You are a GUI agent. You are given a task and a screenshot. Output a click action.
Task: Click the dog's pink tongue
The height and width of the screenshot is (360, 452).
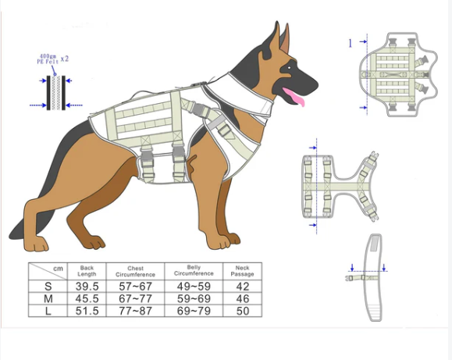tap(294, 97)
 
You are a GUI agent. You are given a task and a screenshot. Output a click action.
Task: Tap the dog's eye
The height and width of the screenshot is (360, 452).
tap(290, 68)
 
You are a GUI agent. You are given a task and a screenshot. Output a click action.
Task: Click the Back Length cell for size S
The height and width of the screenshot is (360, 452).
tap(87, 287)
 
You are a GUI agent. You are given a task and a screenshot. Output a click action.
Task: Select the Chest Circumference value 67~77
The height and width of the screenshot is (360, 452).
tap(135, 298)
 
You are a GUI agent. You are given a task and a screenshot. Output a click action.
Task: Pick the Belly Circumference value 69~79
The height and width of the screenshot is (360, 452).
tap(194, 311)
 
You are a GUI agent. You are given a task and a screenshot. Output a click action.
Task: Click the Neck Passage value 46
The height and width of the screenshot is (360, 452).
tap(243, 298)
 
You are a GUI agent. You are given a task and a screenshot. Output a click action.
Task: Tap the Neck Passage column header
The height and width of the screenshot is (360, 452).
tap(243, 271)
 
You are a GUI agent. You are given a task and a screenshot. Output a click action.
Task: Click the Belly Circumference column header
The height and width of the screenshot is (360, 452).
tap(194, 270)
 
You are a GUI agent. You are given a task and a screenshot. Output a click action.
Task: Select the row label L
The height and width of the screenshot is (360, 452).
tap(48, 311)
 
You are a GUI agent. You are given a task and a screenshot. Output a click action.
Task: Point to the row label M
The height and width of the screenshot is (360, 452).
tap(48, 298)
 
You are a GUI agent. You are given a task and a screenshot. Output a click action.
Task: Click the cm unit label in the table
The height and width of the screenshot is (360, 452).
tap(58, 269)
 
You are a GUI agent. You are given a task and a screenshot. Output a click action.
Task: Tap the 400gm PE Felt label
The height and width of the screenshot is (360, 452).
tap(48, 59)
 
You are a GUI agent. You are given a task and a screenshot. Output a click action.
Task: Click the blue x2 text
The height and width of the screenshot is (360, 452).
tap(65, 59)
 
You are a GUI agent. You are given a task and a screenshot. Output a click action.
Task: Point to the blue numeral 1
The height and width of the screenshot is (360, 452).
tap(351, 44)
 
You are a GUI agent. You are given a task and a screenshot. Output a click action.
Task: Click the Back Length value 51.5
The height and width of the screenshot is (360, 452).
tap(87, 311)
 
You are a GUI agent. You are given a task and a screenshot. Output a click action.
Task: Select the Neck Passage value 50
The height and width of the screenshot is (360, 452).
tap(243, 311)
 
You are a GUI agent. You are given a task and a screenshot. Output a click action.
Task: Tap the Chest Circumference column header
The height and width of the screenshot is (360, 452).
tap(135, 272)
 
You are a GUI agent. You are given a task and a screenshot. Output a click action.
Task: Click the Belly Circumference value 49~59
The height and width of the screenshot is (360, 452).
tap(194, 287)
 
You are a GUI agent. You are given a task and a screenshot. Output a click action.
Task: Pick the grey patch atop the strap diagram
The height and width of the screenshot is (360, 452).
tap(375, 243)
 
